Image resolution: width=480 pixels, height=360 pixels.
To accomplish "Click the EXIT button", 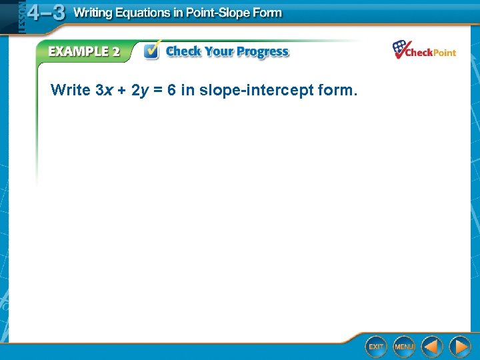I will (376, 346).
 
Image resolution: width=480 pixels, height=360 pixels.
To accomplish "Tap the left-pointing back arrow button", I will (432, 346).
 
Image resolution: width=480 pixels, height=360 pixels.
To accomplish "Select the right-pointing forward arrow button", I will (460, 346).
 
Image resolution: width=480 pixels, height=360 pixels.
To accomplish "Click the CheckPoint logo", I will (424, 50).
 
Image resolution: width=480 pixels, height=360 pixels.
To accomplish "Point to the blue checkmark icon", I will (152, 51).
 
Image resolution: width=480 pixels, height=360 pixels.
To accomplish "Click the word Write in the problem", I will (70, 90).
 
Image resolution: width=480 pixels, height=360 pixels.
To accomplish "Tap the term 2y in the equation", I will (139, 90).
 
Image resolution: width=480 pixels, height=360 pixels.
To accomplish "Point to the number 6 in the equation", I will (171, 90).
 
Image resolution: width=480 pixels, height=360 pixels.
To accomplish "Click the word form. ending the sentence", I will (338, 90).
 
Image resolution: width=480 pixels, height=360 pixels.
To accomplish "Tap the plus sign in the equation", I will (121, 91).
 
